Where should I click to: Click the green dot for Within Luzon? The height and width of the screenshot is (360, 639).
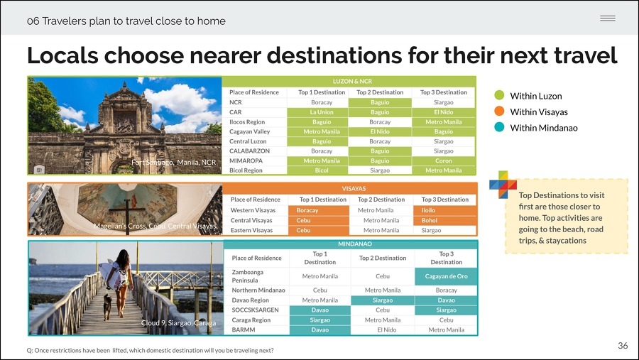tap(499, 95)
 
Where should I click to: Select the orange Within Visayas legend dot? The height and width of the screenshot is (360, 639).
tap(499, 111)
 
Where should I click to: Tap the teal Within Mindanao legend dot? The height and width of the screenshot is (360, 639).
tap(499, 127)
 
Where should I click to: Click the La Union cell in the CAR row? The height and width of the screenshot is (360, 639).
tap(322, 112)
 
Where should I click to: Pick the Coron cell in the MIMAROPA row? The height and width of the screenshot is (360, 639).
tap(443, 160)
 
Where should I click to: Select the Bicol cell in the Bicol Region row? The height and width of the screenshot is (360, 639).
tap(322, 170)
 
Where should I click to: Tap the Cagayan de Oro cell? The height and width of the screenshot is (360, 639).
tap(447, 276)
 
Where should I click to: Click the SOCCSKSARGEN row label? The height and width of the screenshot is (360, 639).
tap(255, 310)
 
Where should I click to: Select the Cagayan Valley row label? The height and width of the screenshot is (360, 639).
tap(249, 131)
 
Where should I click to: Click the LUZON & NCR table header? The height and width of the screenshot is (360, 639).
tap(352, 82)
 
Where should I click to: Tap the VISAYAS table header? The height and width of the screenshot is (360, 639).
tap(354, 189)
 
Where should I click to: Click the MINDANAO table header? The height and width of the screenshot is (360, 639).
tap(355, 244)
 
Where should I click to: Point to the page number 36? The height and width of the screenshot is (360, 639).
tap(623, 346)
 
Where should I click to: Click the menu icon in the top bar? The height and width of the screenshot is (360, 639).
tap(608, 18)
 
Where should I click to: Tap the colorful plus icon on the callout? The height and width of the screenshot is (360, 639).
tap(503, 185)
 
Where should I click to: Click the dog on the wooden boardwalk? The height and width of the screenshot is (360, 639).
tap(107, 307)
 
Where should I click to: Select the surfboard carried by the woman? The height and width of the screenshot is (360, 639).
tap(111, 273)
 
